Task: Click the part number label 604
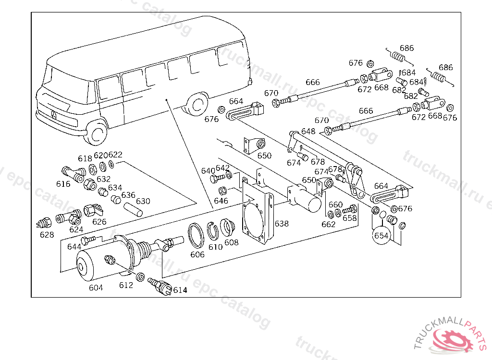[96, 288]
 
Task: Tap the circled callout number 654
[381, 236]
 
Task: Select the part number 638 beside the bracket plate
[282, 224]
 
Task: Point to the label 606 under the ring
[197, 254]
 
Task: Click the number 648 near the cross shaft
[308, 131]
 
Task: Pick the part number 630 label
[143, 201]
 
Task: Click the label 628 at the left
[47, 235]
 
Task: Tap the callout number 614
[180, 290]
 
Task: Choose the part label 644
[74, 247]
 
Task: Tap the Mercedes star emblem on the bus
[54, 116]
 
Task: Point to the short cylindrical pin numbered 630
[134, 210]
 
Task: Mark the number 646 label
[221, 201]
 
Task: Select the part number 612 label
[126, 285]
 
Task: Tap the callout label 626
[99, 222]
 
